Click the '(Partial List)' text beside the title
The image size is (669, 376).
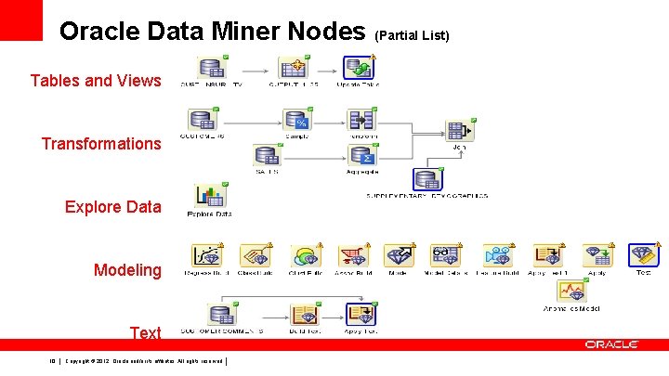point(412,35)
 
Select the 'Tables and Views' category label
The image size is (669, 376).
point(96,81)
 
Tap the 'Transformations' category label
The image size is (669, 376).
point(101,143)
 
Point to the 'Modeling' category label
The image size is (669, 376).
point(127,270)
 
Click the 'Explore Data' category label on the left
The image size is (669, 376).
point(112,206)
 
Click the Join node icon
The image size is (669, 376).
point(459,130)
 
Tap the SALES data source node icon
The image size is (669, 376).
point(267,155)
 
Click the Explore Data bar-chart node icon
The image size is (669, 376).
point(209,196)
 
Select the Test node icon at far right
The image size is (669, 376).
point(642,255)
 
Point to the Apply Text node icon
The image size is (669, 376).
point(359,314)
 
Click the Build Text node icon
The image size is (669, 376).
point(304,315)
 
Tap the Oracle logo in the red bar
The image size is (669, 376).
point(610,344)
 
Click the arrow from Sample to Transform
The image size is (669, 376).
point(329,121)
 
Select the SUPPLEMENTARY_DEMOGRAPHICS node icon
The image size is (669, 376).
point(427,179)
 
